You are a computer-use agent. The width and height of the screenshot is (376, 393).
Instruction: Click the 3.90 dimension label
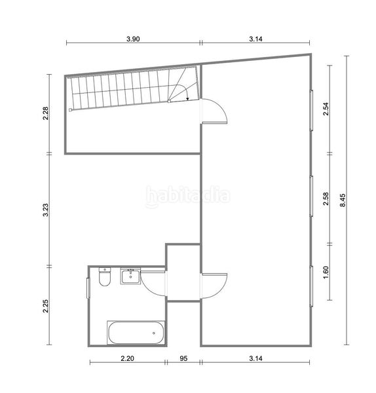pyautogui.click(x=133, y=39)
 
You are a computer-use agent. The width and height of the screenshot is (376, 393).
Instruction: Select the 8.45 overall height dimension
pyautogui.click(x=343, y=200)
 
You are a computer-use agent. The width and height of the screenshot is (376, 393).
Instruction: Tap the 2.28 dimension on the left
pyautogui.click(x=46, y=113)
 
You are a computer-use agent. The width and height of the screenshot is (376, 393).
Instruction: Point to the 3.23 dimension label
pyautogui.click(x=46, y=210)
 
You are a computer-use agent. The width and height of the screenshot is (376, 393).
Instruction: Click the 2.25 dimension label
pyautogui.click(x=46, y=306)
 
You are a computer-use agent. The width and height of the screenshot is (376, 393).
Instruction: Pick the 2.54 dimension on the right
pyautogui.click(x=326, y=109)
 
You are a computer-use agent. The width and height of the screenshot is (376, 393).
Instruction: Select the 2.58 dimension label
pyautogui.click(x=326, y=198)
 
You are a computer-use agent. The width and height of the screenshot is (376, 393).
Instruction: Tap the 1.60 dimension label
pyautogui.click(x=326, y=272)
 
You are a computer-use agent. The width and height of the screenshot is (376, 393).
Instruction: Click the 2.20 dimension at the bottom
pyautogui.click(x=127, y=359)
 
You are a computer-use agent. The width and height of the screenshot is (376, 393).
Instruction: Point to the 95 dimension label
pyautogui.click(x=183, y=359)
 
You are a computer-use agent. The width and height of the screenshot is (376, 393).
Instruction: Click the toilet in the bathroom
pyautogui.click(x=105, y=276)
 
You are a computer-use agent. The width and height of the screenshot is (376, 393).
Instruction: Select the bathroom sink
pyautogui.click(x=130, y=276)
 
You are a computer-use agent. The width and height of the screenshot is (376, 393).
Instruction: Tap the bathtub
pyautogui.click(x=136, y=333)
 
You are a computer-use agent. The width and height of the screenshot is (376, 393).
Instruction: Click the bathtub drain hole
pyautogui.click(x=154, y=333)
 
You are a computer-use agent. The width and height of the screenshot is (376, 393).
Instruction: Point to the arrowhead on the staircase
pyautogui.click(x=187, y=99)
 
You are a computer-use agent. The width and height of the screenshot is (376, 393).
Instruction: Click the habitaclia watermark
pyautogui.click(x=188, y=196)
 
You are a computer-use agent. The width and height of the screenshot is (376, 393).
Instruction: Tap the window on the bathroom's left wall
pyautogui.click(x=88, y=288)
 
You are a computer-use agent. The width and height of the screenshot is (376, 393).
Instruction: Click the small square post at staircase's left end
pyautogui.click(x=70, y=110)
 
